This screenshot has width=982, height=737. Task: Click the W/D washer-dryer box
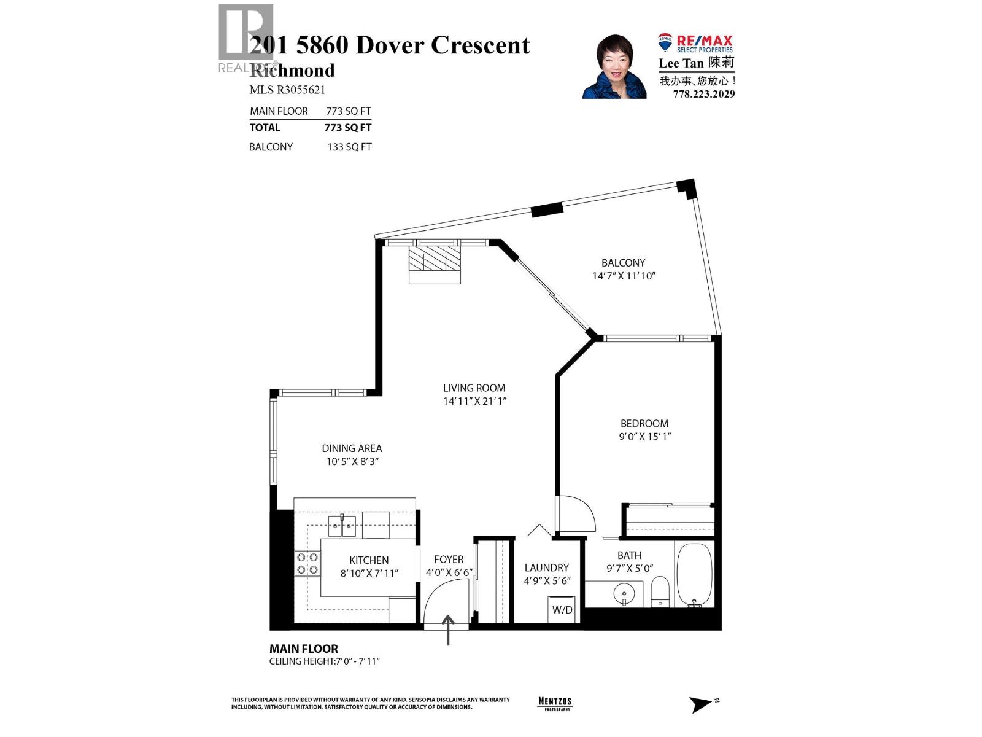562,609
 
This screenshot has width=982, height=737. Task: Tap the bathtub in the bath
694,575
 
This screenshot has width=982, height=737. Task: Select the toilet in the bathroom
659,591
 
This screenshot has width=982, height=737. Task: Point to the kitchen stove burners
307,563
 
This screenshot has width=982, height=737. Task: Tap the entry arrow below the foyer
449,630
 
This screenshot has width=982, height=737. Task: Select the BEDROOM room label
644,424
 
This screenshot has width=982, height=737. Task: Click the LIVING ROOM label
474,388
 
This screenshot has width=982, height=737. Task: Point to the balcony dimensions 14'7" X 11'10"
624,276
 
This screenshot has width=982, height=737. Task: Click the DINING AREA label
352,448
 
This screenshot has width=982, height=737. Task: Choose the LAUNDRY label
546,568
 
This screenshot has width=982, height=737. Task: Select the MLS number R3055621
287,90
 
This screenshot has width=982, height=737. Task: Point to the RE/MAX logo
696,43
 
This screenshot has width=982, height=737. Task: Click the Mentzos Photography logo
554,704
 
